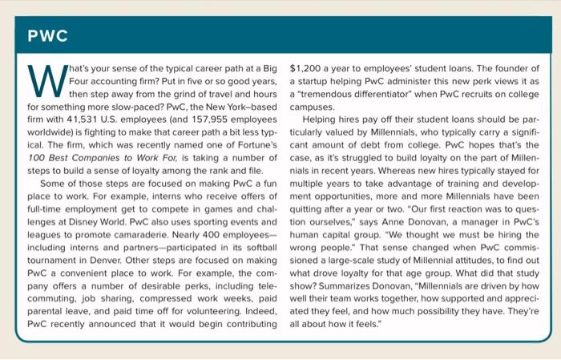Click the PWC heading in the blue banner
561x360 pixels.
point(46,37)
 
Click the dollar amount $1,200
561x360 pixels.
point(307,67)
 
